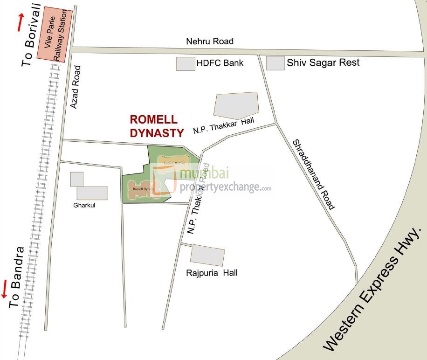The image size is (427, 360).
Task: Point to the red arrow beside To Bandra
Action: tap(5, 289)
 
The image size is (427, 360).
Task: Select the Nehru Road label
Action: tap(210, 41)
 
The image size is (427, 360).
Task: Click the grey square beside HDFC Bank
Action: tap(186, 64)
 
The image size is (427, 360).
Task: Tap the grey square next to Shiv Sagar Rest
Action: tap(275, 63)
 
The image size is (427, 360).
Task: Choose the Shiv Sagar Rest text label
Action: tap(323, 62)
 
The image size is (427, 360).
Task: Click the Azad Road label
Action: tap(76, 87)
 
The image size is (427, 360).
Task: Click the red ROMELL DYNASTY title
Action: tap(157, 126)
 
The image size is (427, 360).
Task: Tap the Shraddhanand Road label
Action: tap(314, 174)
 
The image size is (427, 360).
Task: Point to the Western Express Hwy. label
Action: tap(373, 289)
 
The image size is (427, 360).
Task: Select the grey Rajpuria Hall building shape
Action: tap(207, 255)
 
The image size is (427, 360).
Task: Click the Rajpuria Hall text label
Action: tap(212, 273)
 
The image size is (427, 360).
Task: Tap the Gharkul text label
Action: tap(84, 206)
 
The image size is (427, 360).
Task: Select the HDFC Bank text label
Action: tap(220, 62)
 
